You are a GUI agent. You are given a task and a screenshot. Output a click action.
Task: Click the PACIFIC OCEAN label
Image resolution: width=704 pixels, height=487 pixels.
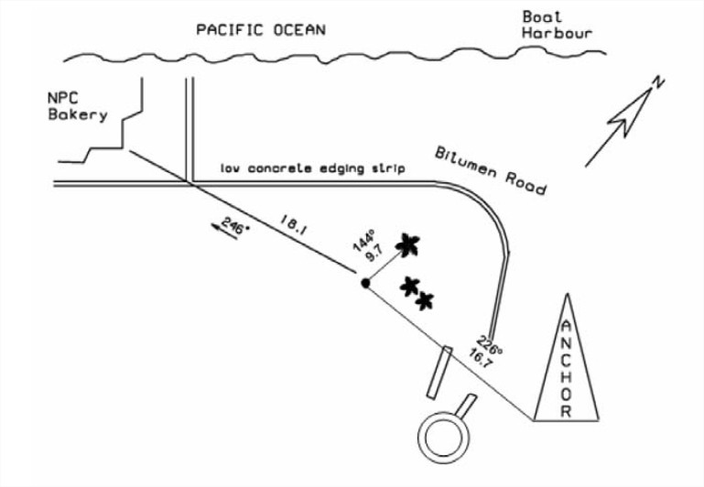(261, 29)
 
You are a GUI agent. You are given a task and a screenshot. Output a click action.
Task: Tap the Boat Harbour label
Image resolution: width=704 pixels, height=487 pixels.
(557, 25)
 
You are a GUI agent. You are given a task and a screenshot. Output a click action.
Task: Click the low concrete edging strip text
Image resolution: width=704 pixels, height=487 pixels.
(312, 170)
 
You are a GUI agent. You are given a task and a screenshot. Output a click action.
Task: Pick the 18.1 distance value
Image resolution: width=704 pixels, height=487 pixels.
(293, 222)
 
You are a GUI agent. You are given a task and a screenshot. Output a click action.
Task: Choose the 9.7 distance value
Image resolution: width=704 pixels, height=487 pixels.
(374, 254)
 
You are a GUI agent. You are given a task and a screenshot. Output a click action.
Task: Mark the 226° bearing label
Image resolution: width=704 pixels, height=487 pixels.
(493, 330)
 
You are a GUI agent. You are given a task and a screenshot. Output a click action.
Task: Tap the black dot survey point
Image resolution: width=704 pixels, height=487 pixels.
(365, 284)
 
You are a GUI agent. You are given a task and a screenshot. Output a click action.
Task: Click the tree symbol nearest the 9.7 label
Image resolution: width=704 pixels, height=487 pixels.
(407, 244)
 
